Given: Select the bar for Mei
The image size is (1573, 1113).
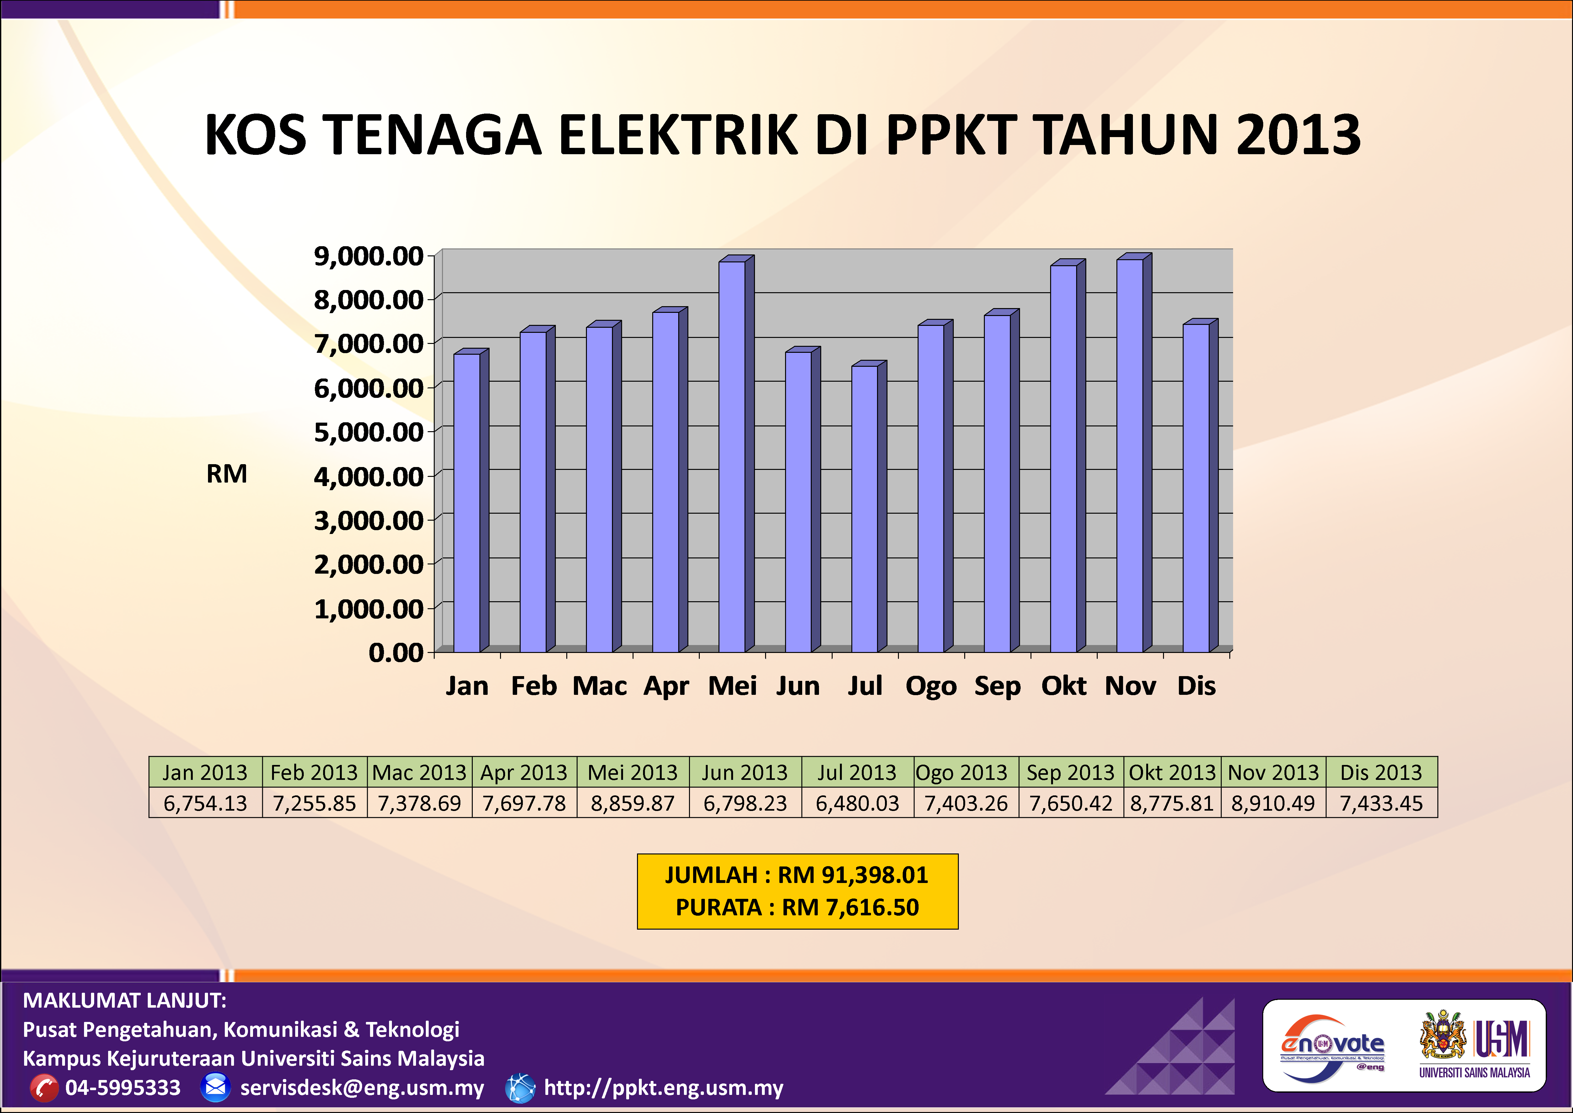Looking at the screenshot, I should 732,456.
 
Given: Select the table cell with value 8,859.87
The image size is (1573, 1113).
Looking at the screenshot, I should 632,803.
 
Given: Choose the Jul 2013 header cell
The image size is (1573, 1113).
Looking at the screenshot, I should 857,772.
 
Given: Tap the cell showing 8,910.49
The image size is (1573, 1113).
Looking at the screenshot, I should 1273,803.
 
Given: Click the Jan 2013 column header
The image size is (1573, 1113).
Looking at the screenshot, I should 205,772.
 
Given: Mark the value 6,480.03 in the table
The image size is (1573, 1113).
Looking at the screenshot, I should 857,803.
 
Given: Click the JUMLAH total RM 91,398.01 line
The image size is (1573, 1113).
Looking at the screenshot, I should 797,875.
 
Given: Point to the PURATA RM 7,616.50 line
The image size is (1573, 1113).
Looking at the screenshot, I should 797,907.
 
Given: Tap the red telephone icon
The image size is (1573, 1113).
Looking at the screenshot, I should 44,1088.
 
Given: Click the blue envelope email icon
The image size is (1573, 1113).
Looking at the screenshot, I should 215,1087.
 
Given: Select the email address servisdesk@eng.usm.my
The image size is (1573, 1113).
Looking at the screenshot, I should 362,1088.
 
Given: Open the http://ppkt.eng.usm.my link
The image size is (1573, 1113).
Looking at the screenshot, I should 663,1088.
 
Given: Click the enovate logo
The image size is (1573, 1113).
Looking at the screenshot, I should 1332,1044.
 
